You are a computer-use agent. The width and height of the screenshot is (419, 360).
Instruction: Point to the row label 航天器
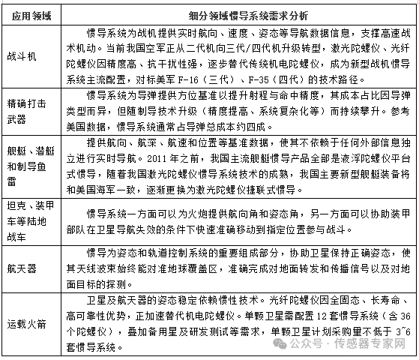click(21, 268)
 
